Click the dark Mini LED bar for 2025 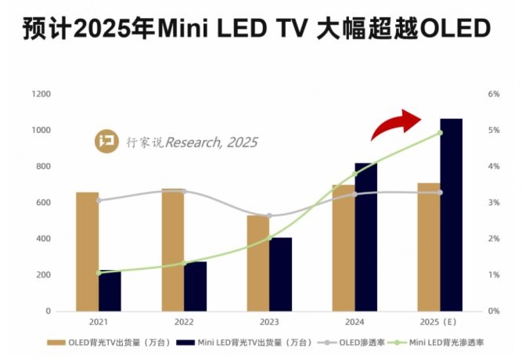(451, 215)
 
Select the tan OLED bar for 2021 (88, 251)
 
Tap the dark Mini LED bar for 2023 (280, 274)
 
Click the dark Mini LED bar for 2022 (196, 286)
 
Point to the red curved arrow (398, 123)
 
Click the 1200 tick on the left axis (41, 94)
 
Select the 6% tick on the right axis (493, 94)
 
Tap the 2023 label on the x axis (268, 322)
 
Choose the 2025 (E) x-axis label (440, 322)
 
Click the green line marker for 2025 (440, 132)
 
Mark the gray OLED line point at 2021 (99, 200)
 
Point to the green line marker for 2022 (184, 263)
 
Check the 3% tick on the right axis (493, 203)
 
